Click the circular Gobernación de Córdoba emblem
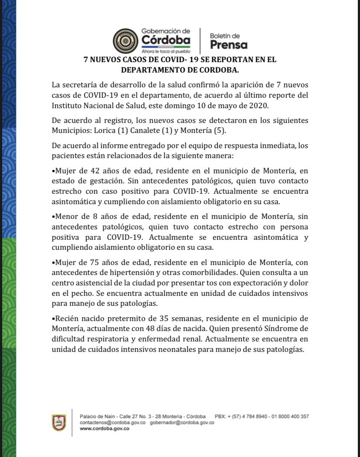click(126, 41)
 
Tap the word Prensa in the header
click(228, 45)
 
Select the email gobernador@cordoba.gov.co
click(182, 422)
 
